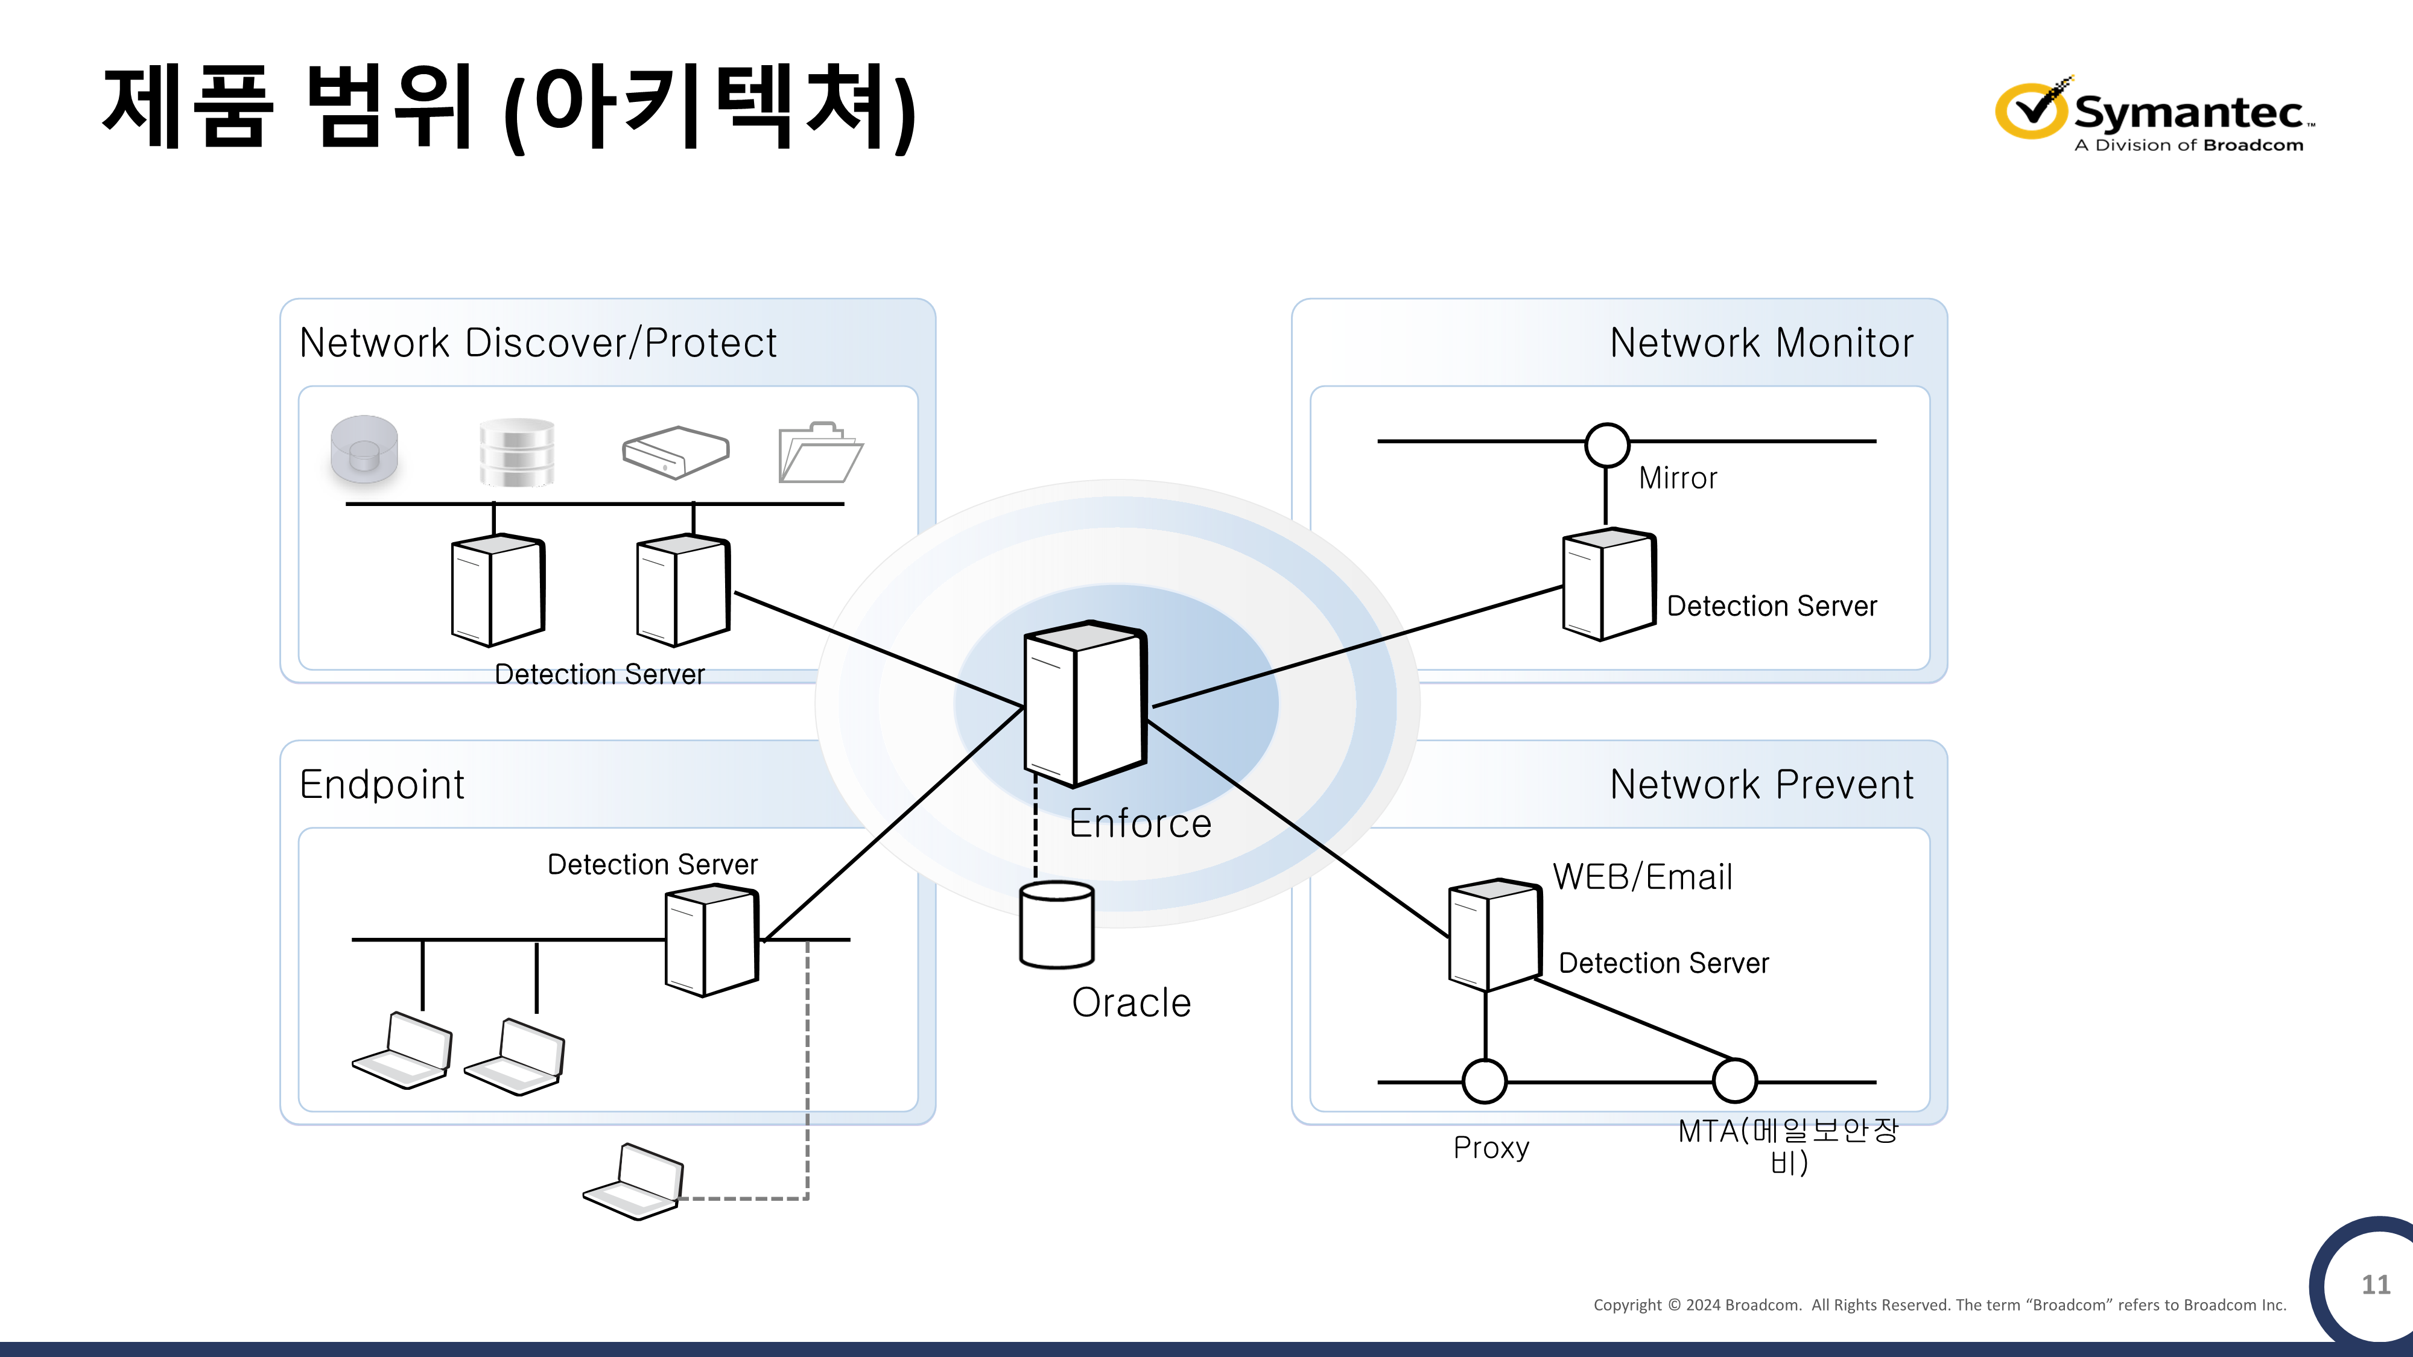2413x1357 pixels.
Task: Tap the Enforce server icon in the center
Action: (1085, 704)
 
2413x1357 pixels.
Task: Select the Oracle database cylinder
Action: (1057, 925)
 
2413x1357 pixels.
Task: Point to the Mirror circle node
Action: (1606, 445)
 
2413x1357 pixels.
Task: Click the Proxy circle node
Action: (1485, 1081)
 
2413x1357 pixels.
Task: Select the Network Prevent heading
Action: (1761, 785)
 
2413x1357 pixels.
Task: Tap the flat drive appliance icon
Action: (676, 452)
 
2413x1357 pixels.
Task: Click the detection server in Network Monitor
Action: (1608, 585)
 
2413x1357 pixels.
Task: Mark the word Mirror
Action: (1678, 478)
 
